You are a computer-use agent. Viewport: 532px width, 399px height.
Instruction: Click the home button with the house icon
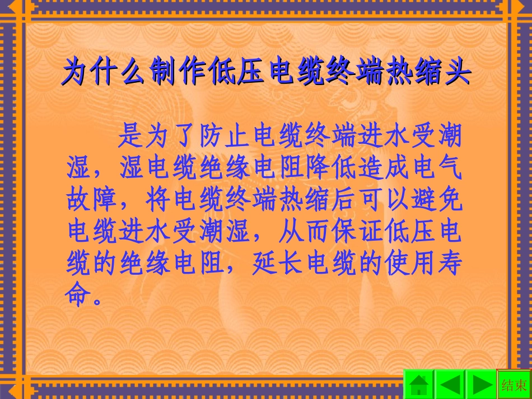(419, 385)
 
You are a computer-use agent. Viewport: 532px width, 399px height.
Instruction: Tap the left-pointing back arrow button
(450, 385)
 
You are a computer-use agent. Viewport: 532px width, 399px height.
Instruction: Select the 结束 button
(514, 385)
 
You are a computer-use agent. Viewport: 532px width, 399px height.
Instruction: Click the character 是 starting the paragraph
(132, 136)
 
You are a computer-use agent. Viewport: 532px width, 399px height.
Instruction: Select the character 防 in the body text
(212, 136)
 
